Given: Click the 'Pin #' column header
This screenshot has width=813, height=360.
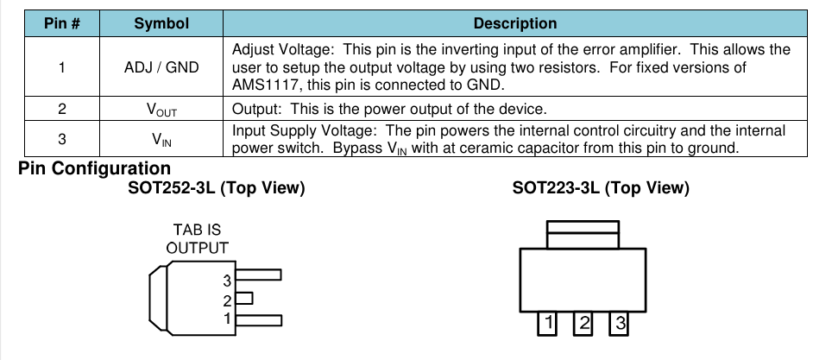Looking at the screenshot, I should [62, 23].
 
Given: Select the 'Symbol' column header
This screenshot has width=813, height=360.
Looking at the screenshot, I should [161, 23].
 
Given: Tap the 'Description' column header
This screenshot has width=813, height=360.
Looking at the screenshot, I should [515, 23].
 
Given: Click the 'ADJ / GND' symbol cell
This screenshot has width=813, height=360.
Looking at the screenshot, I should [161, 66].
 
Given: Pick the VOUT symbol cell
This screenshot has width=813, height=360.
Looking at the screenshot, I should [161, 110].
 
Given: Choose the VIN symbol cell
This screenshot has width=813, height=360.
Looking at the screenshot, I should [161, 138].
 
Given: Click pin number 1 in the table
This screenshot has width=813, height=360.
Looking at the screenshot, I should [62, 66].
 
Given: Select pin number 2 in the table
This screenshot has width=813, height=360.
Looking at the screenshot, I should [62, 109].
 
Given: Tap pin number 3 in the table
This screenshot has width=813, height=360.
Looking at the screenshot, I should [62, 138].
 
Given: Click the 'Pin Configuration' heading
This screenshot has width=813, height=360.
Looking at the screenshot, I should [94, 168].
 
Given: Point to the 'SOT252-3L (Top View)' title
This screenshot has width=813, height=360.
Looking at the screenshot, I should [217, 188].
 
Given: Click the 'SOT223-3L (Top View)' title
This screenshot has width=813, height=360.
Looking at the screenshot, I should [601, 188].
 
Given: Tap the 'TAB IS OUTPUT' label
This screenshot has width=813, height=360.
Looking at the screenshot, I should [197, 239].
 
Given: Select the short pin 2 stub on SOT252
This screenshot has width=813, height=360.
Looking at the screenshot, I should [244, 299].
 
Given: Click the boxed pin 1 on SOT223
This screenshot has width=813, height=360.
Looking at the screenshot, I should [546, 324].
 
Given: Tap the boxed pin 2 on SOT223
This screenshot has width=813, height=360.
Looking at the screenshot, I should [583, 324].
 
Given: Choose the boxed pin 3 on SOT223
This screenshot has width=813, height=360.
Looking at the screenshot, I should [619, 324].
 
